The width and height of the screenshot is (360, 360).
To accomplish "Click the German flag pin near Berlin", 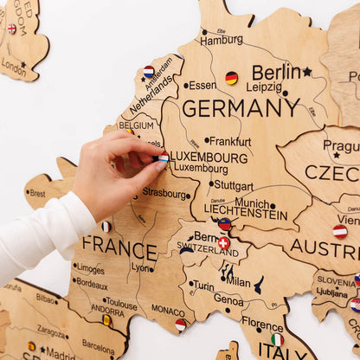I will click(x=231, y=78).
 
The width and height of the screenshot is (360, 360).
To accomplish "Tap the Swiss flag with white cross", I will click(x=223, y=243).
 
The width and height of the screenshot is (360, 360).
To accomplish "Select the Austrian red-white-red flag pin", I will click(x=340, y=232).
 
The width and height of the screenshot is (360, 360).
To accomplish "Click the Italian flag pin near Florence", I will click(x=277, y=339).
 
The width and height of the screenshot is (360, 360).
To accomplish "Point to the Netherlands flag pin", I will click(x=149, y=72).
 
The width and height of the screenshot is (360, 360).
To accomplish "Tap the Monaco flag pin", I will click(x=180, y=325).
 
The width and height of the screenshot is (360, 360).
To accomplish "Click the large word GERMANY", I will click(x=241, y=108).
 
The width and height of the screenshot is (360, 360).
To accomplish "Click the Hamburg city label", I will click(x=222, y=40).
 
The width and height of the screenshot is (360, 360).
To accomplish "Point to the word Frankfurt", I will click(x=230, y=141).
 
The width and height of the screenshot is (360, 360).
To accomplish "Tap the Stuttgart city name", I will click(x=233, y=185).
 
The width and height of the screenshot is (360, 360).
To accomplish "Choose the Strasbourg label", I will click(x=165, y=193).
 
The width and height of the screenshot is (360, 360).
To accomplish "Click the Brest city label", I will click(x=37, y=194).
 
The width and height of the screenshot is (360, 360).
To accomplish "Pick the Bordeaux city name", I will click(x=92, y=283).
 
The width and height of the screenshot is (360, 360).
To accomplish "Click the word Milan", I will click(x=238, y=282).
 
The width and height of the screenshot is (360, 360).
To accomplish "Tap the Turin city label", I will click(x=203, y=286).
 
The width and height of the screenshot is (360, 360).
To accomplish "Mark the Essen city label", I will click(x=202, y=86).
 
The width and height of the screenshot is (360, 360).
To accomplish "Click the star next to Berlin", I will click(x=307, y=72).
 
